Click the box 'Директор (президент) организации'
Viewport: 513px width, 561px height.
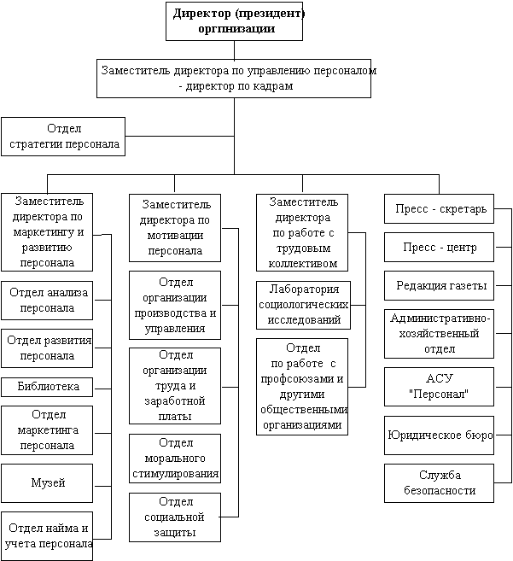[x=235, y=21]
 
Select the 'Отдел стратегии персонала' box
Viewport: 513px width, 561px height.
[x=63, y=137]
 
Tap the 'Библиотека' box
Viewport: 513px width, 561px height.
[x=47, y=387]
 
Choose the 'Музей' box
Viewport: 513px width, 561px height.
[x=47, y=483]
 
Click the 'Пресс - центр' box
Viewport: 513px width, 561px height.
[x=440, y=248]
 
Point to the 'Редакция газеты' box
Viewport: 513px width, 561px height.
[x=440, y=285]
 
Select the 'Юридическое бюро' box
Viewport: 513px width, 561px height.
[x=440, y=435]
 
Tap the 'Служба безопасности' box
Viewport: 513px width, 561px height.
[x=440, y=483]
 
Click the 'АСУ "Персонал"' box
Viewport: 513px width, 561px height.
[x=440, y=387]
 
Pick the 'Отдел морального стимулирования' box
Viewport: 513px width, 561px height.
[x=175, y=459]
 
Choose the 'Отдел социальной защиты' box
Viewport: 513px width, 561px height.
[x=175, y=517]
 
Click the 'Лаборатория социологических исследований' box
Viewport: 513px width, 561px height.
[x=303, y=305]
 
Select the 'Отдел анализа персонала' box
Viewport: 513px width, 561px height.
[x=47, y=301]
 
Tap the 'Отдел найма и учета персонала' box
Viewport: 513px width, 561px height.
[x=47, y=536]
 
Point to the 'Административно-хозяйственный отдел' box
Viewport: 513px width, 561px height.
[x=440, y=334]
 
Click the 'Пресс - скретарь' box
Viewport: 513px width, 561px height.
[x=440, y=208]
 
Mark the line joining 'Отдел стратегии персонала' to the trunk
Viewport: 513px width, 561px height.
[x=179, y=136]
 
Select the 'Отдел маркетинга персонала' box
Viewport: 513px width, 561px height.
[x=47, y=430]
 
